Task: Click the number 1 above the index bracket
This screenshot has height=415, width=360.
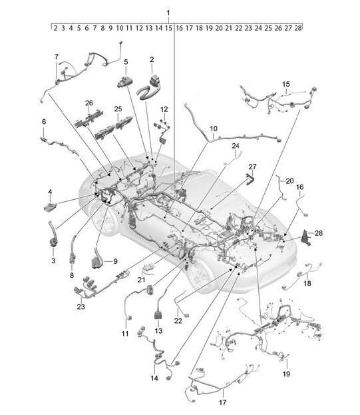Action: tap(168, 13)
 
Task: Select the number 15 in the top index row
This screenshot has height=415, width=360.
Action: tap(168, 28)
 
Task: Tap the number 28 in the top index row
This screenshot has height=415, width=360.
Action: tap(298, 28)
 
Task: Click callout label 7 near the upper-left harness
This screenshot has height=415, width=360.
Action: tap(57, 57)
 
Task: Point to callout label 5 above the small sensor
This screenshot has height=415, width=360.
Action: tap(126, 62)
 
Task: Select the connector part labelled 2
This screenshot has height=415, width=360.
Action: tap(149, 87)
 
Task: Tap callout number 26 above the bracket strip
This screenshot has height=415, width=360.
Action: tap(89, 103)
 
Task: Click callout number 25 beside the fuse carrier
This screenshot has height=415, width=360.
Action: tap(118, 109)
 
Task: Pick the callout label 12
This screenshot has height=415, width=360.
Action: tap(164, 109)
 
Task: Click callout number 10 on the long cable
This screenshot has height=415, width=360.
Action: tap(214, 129)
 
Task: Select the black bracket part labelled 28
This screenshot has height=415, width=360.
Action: tap(306, 237)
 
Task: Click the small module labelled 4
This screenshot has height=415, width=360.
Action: tap(49, 207)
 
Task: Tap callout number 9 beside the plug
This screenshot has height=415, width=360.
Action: tap(115, 261)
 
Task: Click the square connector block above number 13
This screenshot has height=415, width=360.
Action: tap(158, 316)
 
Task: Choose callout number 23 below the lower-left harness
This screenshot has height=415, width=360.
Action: tap(81, 306)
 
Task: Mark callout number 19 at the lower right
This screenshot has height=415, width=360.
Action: tap(286, 374)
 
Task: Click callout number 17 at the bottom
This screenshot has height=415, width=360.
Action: tap(222, 402)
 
